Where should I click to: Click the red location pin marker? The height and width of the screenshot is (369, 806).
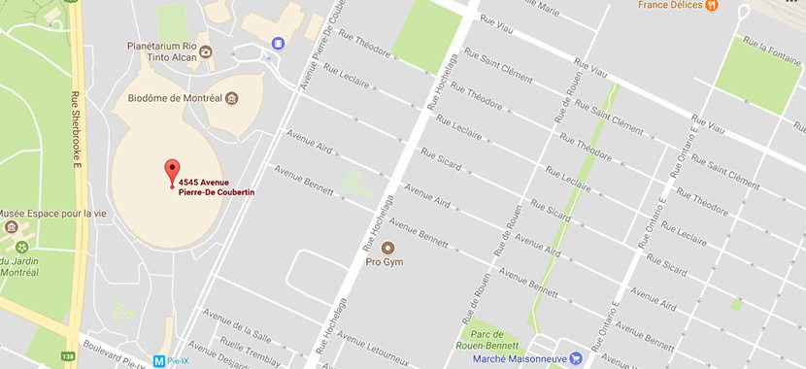(x=173, y=171)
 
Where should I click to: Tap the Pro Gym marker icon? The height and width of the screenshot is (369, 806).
(x=387, y=248)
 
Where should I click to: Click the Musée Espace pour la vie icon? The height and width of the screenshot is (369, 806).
(x=12, y=227)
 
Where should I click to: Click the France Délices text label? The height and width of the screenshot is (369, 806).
(x=670, y=6)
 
